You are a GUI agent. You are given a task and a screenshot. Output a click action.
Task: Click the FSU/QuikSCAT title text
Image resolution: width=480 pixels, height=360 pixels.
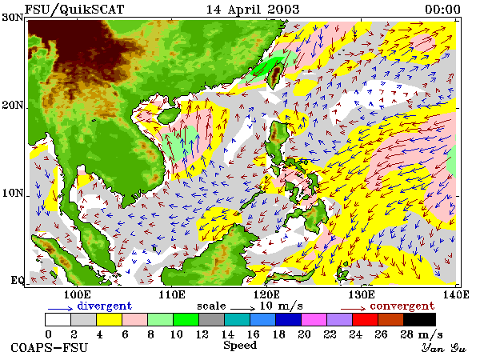[x=74, y=10]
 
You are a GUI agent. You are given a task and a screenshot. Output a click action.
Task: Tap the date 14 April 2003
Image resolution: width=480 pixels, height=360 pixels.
[x=253, y=10]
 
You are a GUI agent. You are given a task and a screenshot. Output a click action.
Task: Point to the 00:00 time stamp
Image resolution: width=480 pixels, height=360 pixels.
[x=442, y=10]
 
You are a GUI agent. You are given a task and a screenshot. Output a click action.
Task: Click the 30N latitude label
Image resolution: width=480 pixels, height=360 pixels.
[x=13, y=18]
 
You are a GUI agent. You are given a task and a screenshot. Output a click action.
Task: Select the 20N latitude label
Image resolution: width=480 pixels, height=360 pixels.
[x=13, y=106]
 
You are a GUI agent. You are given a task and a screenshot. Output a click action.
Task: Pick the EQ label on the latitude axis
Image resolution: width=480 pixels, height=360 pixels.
[x=18, y=280]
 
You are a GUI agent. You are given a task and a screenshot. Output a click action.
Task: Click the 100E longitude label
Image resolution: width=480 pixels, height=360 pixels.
[x=77, y=294]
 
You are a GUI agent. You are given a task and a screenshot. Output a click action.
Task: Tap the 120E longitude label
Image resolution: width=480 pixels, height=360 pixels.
[x=266, y=294]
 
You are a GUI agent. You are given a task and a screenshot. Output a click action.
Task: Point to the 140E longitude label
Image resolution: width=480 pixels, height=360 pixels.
[x=456, y=294]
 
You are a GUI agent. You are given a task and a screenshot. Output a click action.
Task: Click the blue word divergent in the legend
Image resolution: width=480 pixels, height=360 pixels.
[x=104, y=306]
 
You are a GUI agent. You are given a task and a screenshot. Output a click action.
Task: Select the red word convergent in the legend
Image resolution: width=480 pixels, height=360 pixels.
[x=402, y=306]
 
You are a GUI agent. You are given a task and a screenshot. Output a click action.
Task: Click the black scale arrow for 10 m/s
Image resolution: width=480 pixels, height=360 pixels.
[x=242, y=308]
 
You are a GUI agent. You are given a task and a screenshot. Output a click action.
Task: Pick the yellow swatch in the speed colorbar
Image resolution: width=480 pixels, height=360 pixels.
[x=109, y=319]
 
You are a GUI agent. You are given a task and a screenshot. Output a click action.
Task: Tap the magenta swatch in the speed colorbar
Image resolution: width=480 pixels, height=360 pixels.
[x=314, y=319]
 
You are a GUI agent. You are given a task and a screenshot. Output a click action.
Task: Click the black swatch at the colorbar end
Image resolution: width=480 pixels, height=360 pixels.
[x=419, y=319]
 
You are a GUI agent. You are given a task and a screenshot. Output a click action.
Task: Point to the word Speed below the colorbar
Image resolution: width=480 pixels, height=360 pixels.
[x=240, y=346]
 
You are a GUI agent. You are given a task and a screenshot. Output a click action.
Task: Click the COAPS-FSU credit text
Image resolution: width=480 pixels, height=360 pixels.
[x=50, y=348]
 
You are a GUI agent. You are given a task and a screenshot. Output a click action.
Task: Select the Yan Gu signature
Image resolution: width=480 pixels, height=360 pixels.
[x=444, y=348]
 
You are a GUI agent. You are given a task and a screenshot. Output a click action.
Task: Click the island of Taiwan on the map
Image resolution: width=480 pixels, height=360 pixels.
[x=274, y=75]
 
